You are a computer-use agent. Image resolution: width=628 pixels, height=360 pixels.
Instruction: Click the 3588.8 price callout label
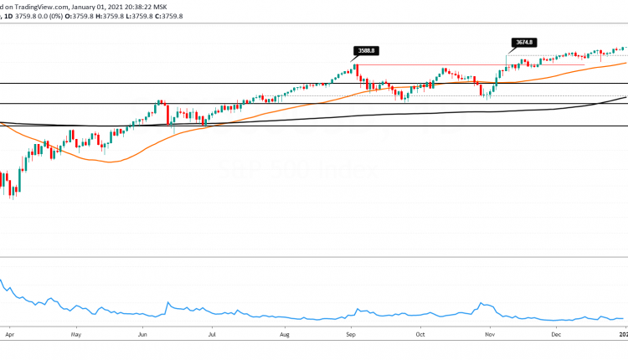tap(366, 50)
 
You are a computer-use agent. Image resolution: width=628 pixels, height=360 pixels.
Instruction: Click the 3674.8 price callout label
tap(522, 42)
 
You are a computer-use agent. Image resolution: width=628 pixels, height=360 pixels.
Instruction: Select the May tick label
tap(75, 333)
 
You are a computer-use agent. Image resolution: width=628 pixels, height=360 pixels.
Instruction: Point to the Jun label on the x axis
tap(143, 333)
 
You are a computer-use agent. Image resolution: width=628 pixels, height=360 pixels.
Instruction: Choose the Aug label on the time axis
tap(286, 333)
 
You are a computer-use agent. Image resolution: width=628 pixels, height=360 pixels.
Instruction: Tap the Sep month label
tap(352, 333)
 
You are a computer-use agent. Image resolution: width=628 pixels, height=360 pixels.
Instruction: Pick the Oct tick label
tap(421, 333)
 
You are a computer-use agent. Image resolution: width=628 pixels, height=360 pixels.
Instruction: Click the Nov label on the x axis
tap(487, 333)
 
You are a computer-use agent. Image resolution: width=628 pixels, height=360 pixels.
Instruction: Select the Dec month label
tap(556, 333)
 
